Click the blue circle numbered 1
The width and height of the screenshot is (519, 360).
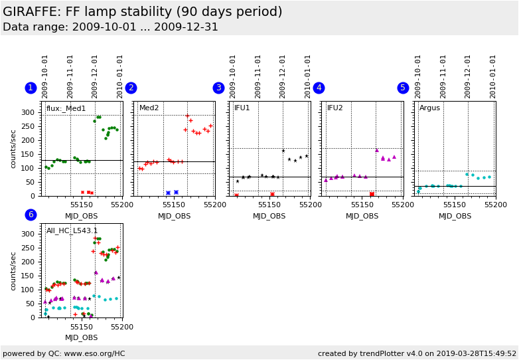point(31,88)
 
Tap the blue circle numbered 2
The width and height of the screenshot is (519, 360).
point(131,88)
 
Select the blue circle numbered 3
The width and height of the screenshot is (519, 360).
point(218,88)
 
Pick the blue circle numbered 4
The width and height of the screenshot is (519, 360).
point(319,88)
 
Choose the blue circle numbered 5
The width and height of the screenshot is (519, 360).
point(403,88)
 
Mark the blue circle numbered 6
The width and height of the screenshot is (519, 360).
point(31,215)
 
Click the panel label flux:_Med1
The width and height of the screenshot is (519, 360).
point(66,108)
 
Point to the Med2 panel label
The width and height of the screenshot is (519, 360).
point(149,108)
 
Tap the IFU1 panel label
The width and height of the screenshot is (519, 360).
point(242,108)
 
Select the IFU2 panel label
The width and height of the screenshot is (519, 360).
point(335,108)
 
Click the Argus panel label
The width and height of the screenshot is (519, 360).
point(429,108)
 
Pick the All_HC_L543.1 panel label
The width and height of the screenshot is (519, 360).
point(72,230)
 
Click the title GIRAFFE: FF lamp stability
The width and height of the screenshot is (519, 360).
point(143,12)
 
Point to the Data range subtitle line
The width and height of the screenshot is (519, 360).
point(110,27)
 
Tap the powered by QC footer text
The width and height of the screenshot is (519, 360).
point(64,353)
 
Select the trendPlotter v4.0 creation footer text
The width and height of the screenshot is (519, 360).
point(417,353)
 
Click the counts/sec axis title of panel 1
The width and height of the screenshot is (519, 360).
point(14,149)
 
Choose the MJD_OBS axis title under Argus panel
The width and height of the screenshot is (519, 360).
point(455,216)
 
